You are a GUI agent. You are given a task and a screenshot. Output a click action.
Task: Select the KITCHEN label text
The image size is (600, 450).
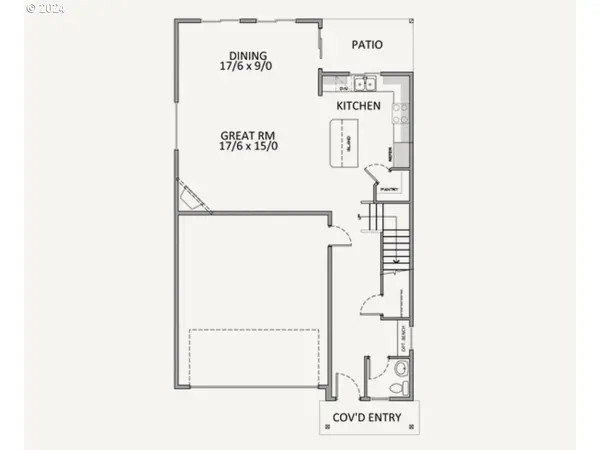pos(358,105)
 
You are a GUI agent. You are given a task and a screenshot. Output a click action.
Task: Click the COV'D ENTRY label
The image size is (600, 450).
pos(369,419)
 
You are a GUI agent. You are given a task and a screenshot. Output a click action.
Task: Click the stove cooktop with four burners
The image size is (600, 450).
pos(402,112)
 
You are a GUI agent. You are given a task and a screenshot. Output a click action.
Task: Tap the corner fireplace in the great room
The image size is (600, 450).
pos(190,196)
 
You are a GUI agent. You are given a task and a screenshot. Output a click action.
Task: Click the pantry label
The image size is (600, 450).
pos(391,189)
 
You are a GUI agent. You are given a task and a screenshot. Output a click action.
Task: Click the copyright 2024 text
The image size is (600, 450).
pos(45,8)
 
